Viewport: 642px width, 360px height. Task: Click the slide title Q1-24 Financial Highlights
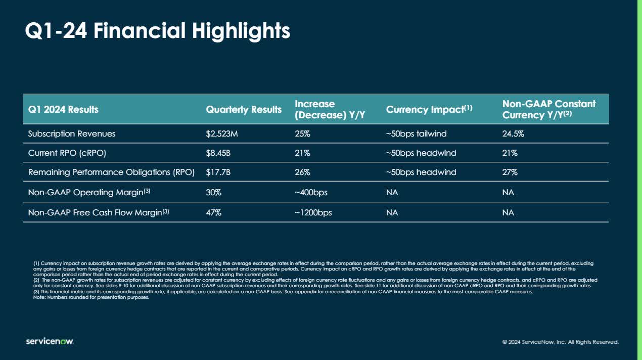(x=158, y=31)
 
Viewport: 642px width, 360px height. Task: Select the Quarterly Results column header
(x=244, y=109)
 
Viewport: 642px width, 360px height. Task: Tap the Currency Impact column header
(x=429, y=109)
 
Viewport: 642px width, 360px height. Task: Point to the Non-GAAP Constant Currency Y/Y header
(x=549, y=109)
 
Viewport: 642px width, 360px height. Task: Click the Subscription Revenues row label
(x=72, y=134)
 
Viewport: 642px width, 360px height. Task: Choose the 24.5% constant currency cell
(x=513, y=134)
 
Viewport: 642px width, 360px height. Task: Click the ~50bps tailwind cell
(x=416, y=134)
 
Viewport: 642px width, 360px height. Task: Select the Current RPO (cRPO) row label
(x=67, y=153)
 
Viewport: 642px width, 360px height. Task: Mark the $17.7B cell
(x=218, y=172)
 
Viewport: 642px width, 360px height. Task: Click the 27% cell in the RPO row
(x=510, y=172)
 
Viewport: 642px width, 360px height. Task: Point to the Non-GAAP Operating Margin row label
(x=89, y=193)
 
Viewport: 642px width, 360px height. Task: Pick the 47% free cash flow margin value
(x=213, y=213)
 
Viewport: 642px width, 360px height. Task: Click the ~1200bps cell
(x=313, y=213)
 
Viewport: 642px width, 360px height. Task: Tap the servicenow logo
(x=50, y=342)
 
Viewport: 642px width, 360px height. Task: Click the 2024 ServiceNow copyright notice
(x=560, y=342)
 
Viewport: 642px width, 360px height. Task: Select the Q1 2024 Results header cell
(x=63, y=109)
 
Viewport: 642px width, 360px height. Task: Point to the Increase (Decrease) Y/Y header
(x=330, y=109)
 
